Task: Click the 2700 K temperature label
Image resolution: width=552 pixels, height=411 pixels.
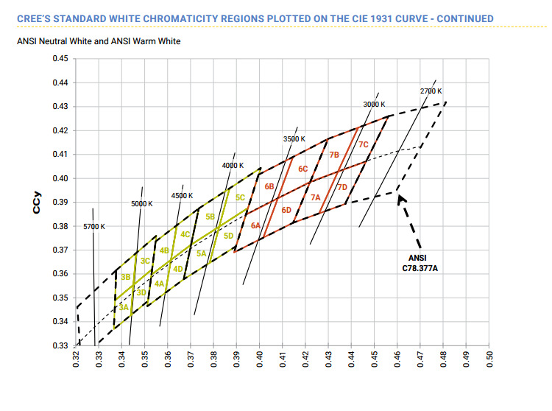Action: pyautogui.click(x=431, y=91)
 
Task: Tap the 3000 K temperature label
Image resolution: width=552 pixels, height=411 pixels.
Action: pyautogui.click(x=375, y=105)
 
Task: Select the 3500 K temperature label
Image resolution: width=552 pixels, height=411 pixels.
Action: pyautogui.click(x=294, y=139)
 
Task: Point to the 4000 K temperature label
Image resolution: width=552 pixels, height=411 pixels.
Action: pyautogui.click(x=233, y=166)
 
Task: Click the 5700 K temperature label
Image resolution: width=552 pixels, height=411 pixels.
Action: pyautogui.click(x=93, y=226)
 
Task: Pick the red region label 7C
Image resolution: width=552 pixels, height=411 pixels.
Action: pyautogui.click(x=363, y=145)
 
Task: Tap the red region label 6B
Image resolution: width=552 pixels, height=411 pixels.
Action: pyautogui.click(x=269, y=186)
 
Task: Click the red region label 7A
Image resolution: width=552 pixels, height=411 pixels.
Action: pyautogui.click(x=315, y=197)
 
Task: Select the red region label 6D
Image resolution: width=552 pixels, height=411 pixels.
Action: pyautogui.click(x=287, y=211)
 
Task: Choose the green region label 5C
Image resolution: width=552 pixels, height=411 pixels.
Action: pyautogui.click(x=240, y=197)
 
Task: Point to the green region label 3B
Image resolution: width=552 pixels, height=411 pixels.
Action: pyautogui.click(x=126, y=276)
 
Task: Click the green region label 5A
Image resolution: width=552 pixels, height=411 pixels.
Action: pyautogui.click(x=201, y=253)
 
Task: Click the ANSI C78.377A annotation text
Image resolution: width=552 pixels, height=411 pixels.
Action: pyautogui.click(x=423, y=263)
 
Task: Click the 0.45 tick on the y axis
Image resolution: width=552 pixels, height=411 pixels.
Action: pyautogui.click(x=60, y=58)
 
